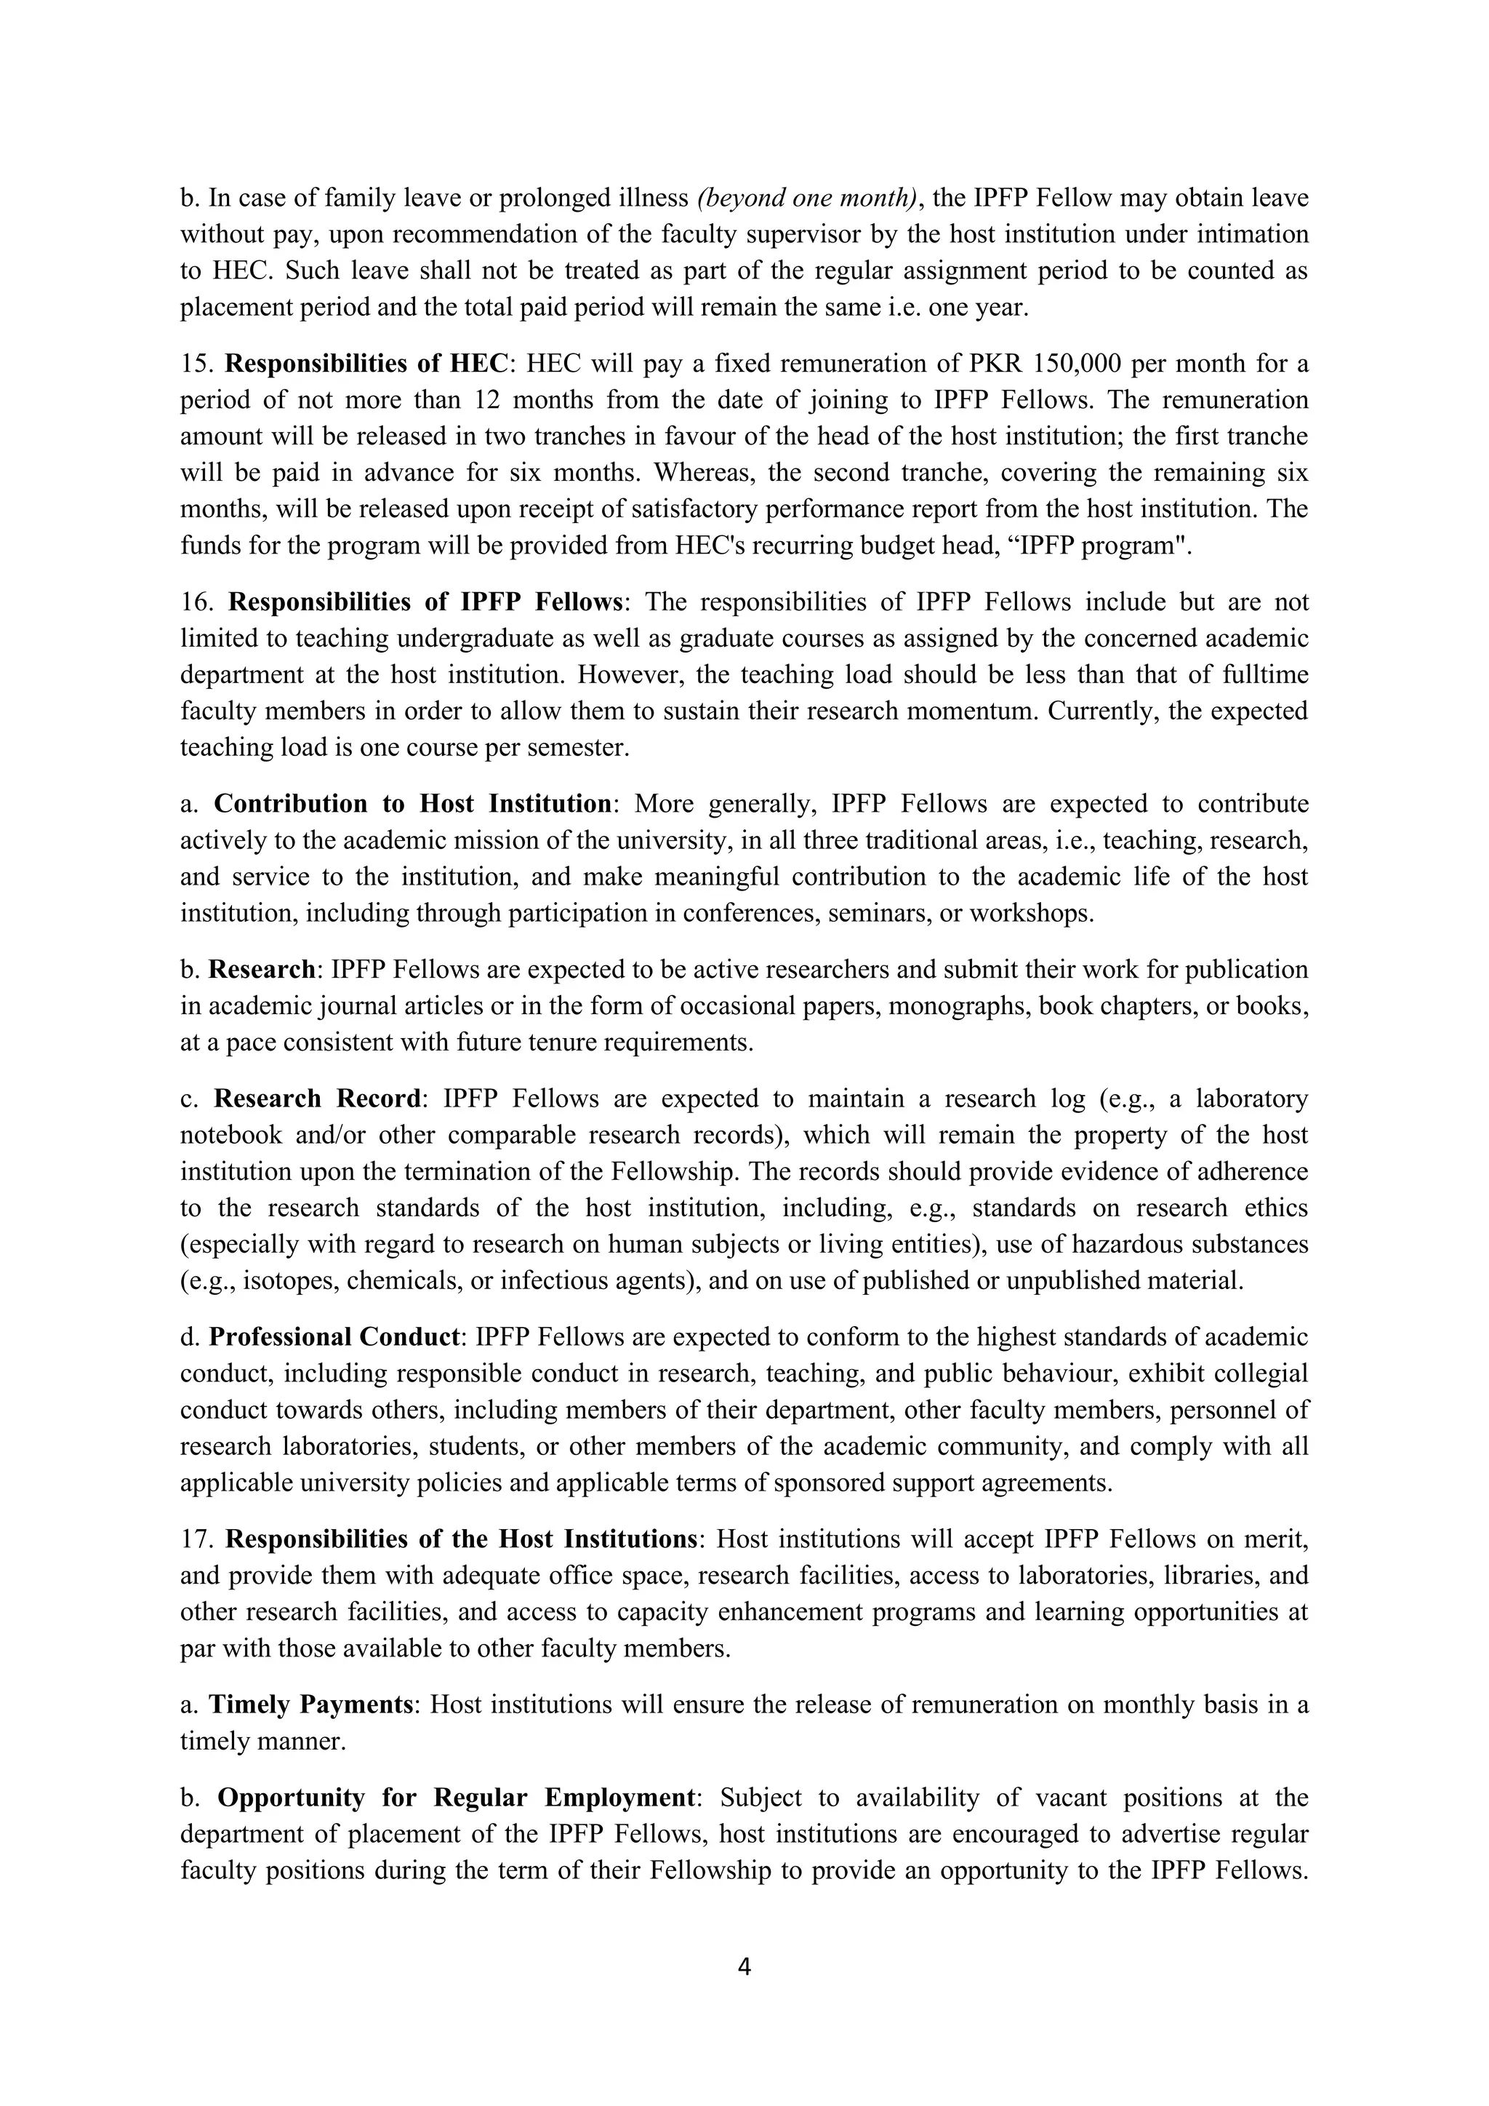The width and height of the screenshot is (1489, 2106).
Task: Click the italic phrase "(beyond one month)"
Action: click(807, 198)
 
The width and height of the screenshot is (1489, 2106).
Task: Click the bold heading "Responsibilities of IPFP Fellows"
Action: click(425, 602)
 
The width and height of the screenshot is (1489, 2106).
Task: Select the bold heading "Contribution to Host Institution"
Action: click(412, 804)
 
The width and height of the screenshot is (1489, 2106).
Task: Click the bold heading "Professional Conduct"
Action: click(334, 1336)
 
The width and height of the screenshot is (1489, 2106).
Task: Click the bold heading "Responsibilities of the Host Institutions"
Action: click(461, 1539)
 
